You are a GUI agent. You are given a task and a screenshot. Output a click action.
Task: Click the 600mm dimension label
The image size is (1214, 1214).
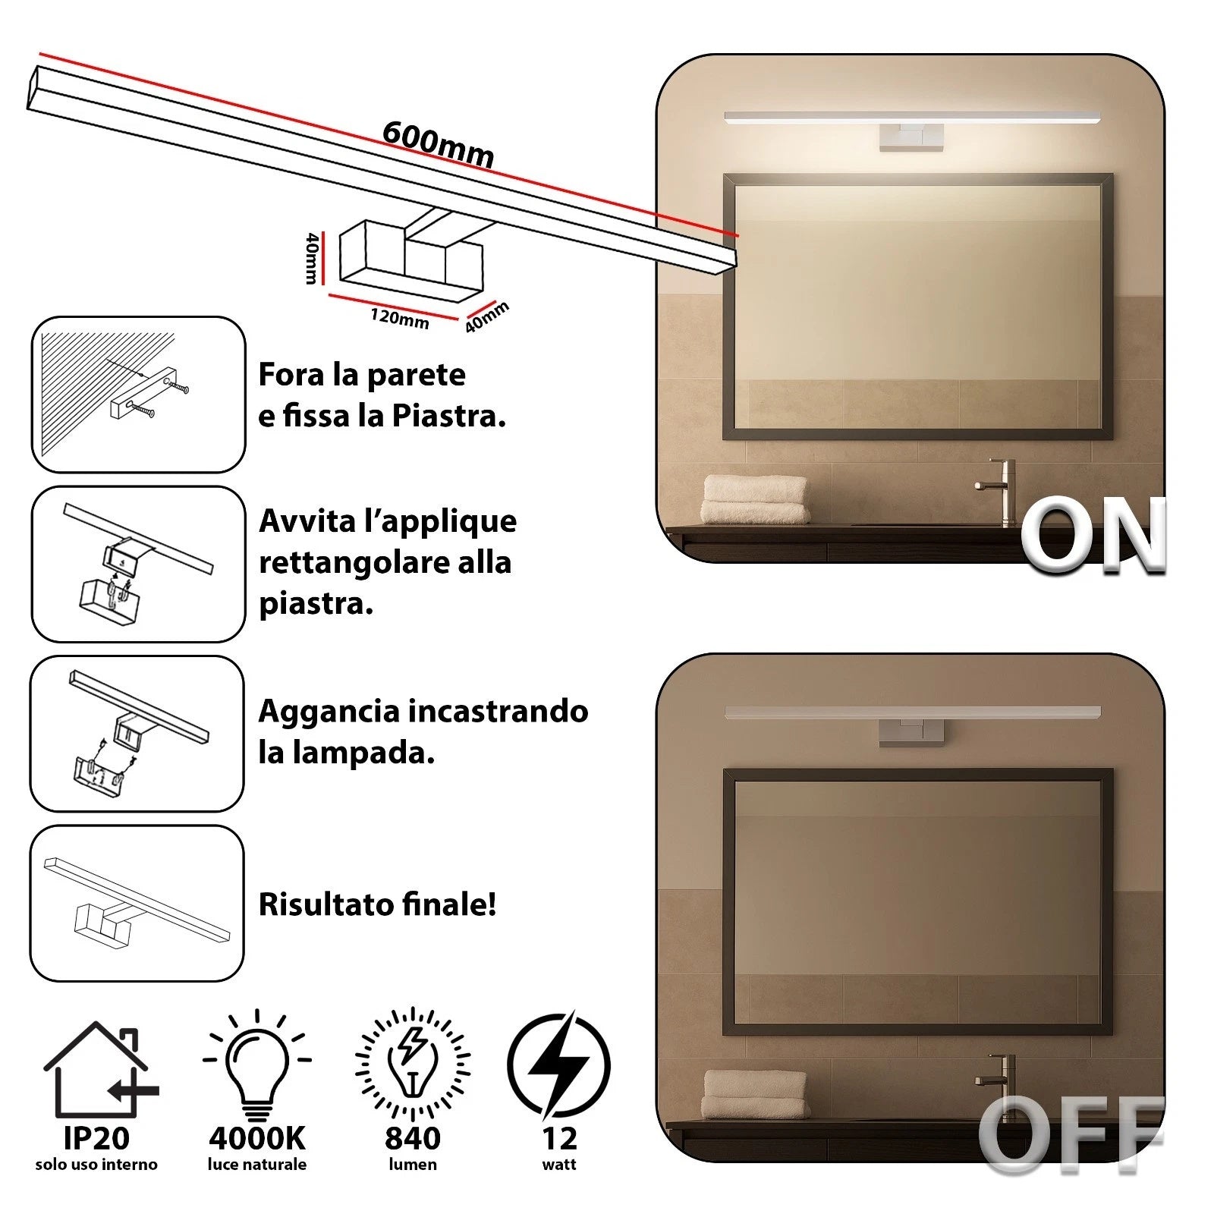(439, 143)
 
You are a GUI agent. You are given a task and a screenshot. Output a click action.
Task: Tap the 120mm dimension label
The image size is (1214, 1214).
(400, 318)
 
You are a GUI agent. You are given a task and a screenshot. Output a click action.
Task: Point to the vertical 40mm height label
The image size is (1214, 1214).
(311, 258)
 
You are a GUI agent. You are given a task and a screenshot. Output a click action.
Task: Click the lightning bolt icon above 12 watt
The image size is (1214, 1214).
(558, 1065)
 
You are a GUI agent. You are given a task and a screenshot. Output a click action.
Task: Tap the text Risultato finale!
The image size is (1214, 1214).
(377, 904)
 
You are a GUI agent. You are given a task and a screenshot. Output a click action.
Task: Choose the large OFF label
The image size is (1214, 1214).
(1071, 1134)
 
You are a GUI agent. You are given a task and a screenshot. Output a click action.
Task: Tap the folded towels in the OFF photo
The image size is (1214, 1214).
(755, 1094)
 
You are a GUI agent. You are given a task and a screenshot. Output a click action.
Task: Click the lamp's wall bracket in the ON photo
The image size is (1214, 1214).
(911, 138)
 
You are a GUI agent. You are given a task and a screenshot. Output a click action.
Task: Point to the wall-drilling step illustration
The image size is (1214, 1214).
(138, 395)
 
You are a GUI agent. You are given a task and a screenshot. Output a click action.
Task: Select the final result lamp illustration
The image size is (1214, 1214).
(137, 903)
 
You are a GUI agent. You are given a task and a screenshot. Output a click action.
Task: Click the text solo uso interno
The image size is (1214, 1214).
(96, 1165)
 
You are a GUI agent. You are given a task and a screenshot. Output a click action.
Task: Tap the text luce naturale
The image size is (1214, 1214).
(257, 1165)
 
